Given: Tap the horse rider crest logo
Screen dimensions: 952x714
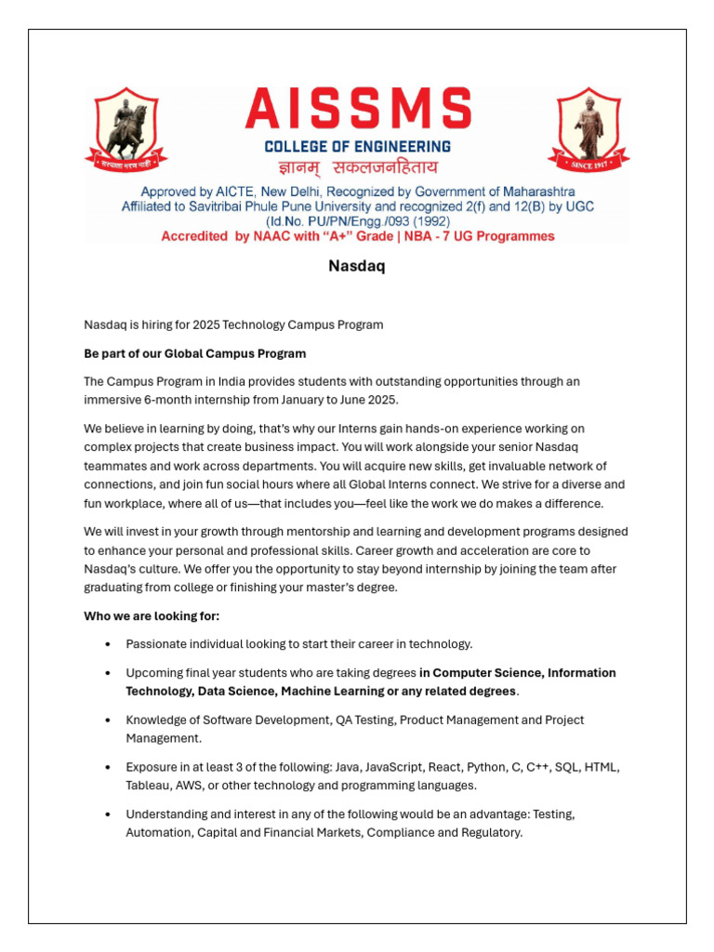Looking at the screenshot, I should click(126, 129).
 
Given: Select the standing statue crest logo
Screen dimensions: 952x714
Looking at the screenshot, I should click(588, 129).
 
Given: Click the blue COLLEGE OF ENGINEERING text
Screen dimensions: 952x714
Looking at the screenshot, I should click(358, 147).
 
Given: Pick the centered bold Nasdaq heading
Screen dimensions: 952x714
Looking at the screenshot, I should click(357, 267).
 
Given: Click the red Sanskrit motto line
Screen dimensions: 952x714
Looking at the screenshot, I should click(358, 168).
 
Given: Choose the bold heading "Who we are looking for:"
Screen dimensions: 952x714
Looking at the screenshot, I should click(152, 616).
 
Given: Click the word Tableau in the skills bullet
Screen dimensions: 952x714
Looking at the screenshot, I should click(151, 786).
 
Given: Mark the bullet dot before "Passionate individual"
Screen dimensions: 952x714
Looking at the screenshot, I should click(109, 644).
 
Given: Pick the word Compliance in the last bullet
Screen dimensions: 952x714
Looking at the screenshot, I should click(399, 833).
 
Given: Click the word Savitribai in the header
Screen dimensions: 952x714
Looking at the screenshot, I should click(202, 206).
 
